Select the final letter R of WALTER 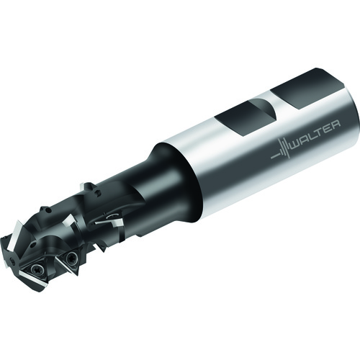tap(336, 125)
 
